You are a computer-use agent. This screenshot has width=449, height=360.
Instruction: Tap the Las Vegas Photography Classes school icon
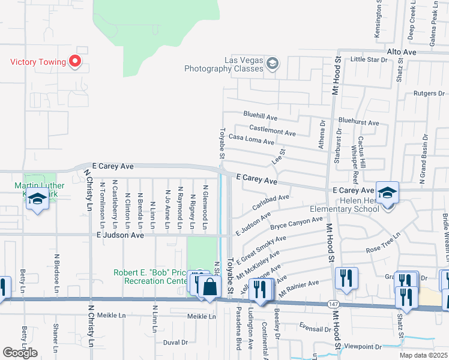click(273, 64)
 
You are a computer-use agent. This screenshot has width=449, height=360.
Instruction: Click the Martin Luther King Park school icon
click(38, 200)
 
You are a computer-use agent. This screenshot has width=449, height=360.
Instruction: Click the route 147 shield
click(333, 304)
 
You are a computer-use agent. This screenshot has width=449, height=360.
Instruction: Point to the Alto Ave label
click(402, 53)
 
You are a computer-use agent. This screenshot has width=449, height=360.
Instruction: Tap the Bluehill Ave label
click(260, 114)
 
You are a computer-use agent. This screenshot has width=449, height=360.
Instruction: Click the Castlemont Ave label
click(273, 130)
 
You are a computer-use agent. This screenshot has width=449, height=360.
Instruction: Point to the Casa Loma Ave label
click(251, 139)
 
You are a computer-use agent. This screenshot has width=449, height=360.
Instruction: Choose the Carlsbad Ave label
click(271, 202)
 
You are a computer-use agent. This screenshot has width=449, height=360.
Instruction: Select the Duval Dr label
click(175, 343)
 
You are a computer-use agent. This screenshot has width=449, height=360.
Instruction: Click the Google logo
click(20, 353)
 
